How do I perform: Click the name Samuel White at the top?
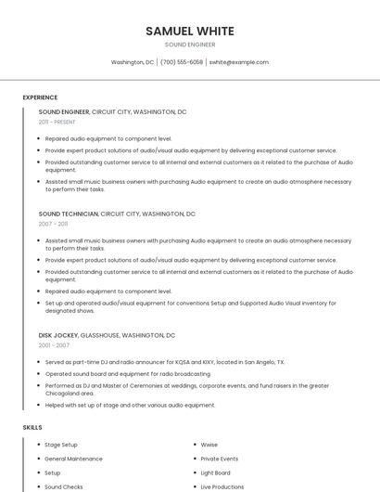(190, 31)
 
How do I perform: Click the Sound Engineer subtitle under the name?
(190, 45)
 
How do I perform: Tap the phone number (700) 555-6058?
(182, 62)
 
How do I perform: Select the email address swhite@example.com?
(239, 62)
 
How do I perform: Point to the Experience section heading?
(40, 97)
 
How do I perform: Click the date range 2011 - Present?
(57, 122)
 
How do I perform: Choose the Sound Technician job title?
(68, 214)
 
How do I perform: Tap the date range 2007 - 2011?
(53, 224)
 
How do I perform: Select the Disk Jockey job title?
(57, 335)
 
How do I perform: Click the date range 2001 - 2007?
(54, 345)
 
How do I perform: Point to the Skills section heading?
(32, 427)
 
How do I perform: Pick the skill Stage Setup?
(61, 445)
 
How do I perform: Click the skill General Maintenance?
(73, 459)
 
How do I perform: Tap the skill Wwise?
(209, 445)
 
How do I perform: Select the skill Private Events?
(220, 459)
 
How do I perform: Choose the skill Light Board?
(216, 473)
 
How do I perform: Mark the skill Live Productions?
(222, 486)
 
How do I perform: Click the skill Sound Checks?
(64, 486)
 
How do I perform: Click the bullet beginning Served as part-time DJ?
(164, 362)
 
